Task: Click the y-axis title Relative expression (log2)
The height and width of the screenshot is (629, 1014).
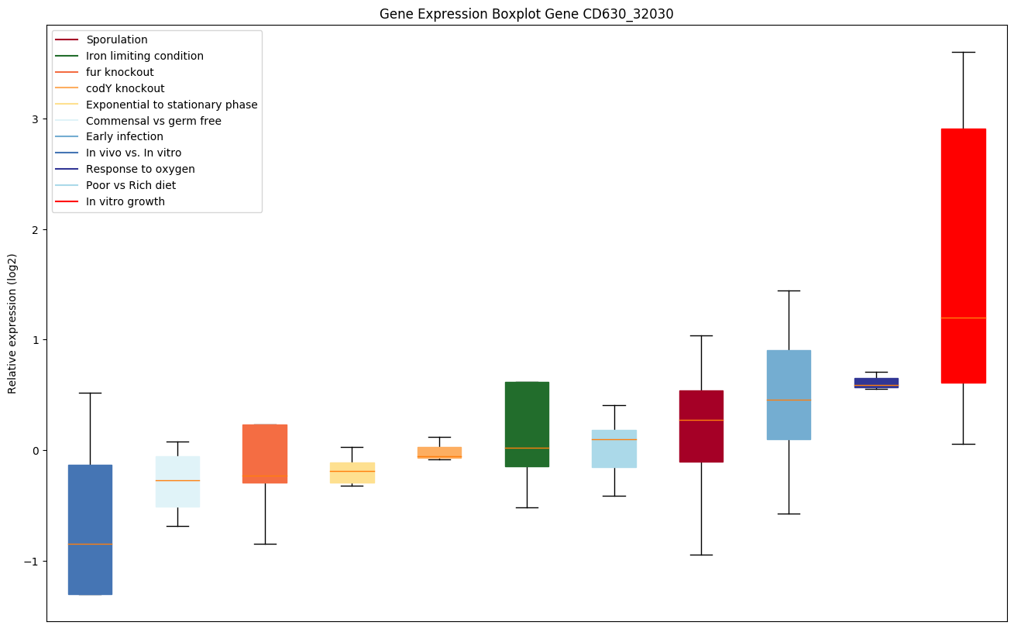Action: [x=12, y=323]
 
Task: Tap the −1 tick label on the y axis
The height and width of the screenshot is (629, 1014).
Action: [x=33, y=561]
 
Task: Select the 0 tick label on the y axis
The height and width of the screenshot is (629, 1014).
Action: [x=36, y=451]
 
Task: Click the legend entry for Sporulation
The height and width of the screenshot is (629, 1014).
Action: [x=117, y=40]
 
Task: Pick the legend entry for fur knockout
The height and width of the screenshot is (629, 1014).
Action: [x=120, y=72]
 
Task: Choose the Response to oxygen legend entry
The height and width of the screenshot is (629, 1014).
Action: [x=140, y=169]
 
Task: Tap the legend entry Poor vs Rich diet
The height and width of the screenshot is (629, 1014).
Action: [x=131, y=185]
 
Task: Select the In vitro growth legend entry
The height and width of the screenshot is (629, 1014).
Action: [x=125, y=201]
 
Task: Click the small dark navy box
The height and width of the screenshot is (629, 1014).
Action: [x=876, y=382]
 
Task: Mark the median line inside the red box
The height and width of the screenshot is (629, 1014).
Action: [x=963, y=318]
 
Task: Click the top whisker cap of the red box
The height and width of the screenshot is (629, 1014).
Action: [x=963, y=52]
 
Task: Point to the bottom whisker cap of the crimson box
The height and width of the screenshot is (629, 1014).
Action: [x=701, y=555]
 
